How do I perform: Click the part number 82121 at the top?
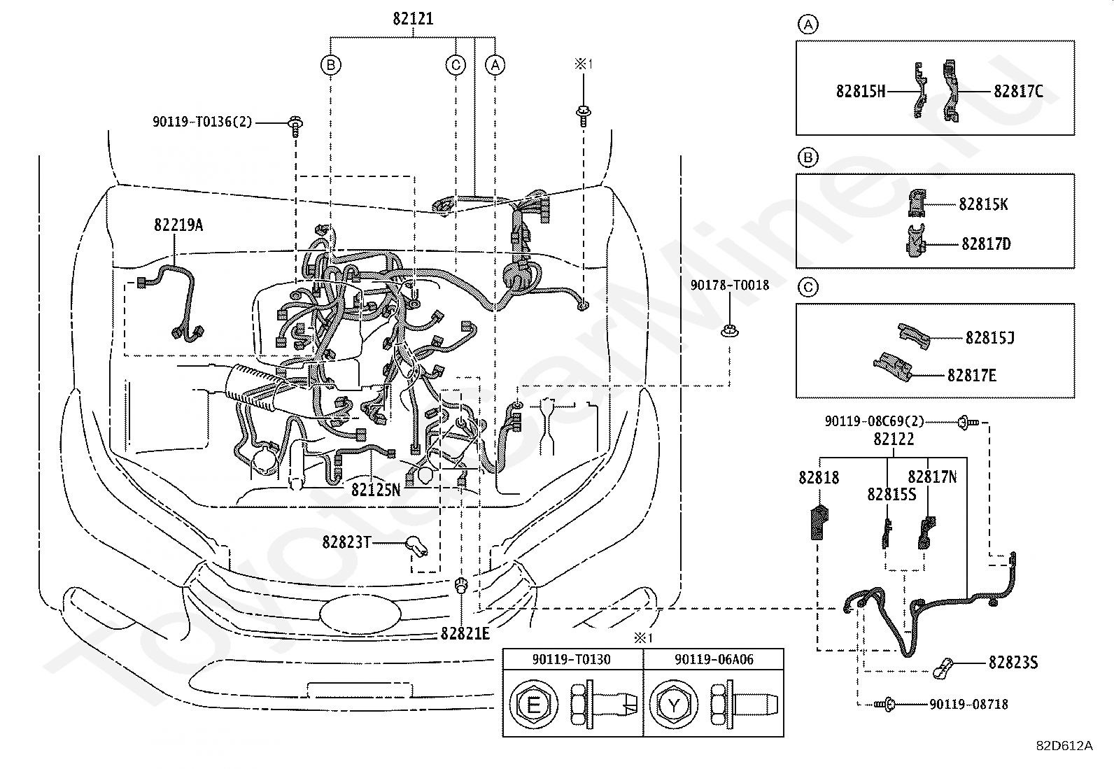(x=413, y=19)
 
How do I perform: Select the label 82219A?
(x=178, y=225)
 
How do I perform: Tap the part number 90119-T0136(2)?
(x=202, y=122)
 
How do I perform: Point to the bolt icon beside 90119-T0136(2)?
(x=295, y=127)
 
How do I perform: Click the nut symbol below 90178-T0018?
(x=729, y=331)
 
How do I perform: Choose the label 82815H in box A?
(x=861, y=92)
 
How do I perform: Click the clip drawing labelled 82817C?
(x=950, y=90)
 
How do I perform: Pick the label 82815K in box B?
(x=983, y=204)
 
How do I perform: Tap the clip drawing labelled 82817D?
(x=915, y=241)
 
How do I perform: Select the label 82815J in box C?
(x=989, y=338)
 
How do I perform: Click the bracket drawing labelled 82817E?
(x=893, y=367)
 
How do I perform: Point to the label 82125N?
(x=376, y=490)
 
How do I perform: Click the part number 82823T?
(x=346, y=542)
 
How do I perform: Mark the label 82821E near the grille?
(x=465, y=633)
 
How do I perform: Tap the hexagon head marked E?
(x=534, y=705)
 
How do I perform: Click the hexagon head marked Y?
(x=674, y=705)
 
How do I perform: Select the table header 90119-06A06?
(x=714, y=660)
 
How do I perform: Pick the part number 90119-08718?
(x=968, y=705)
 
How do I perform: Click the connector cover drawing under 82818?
(x=819, y=522)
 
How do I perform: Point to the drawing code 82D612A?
(x=1065, y=746)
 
